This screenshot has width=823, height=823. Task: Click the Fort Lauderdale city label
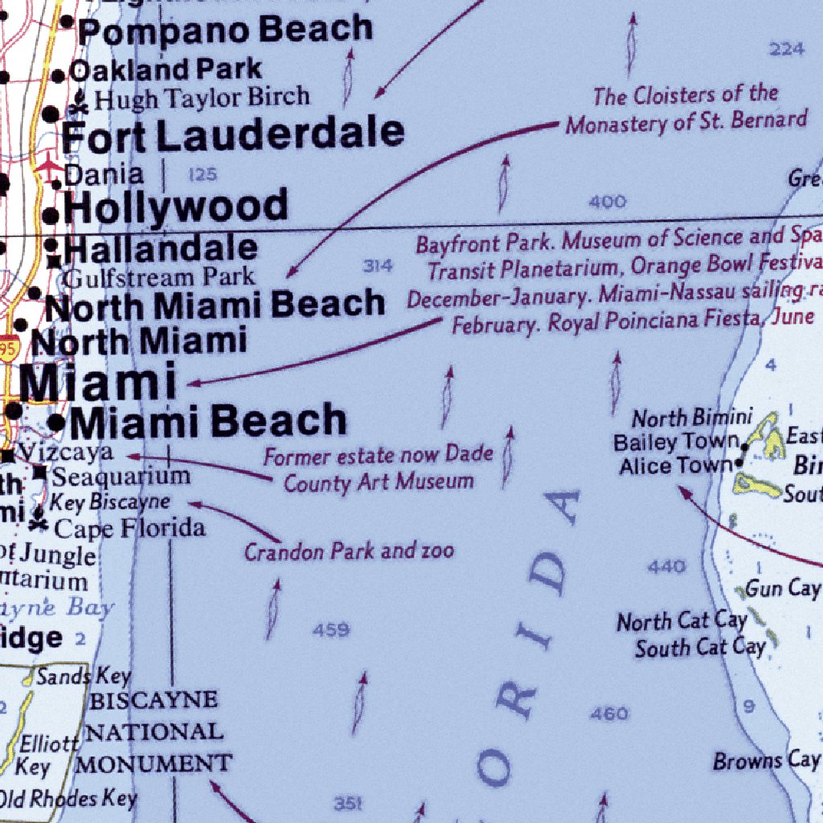point(233,134)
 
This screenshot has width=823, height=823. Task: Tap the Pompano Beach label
point(225,31)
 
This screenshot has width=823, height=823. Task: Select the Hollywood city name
point(175,207)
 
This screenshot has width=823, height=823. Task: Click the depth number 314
point(378,266)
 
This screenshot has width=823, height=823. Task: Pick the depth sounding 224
point(786,50)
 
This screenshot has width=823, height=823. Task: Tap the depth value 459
point(331,631)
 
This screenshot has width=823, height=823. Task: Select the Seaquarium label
point(121,477)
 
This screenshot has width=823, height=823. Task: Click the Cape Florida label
point(129,529)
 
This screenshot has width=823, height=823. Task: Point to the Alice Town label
point(675,466)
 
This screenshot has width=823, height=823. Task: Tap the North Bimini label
point(692,418)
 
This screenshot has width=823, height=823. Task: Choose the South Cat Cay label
point(700,648)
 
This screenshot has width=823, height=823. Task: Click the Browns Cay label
point(766,760)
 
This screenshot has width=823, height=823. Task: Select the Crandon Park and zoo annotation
point(349,552)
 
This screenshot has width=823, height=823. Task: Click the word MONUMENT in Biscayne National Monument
point(154,763)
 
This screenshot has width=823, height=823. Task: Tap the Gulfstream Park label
point(158,278)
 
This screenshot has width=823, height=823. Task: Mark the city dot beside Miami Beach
point(56,422)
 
